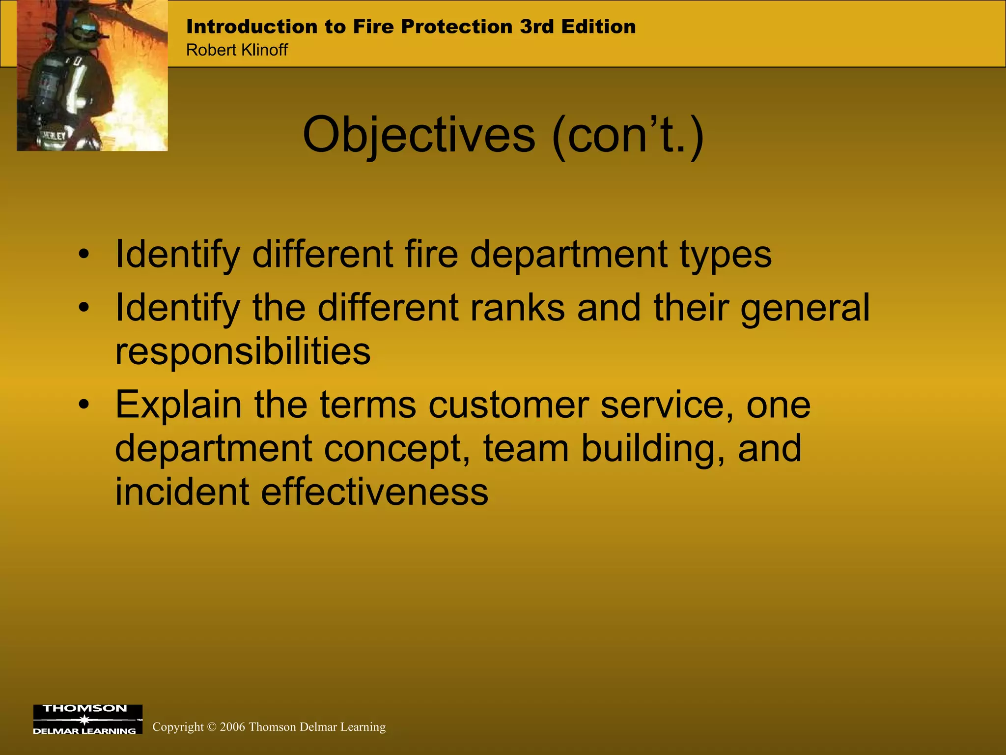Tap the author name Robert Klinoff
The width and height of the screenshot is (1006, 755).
237,50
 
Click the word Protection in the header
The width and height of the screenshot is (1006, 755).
456,27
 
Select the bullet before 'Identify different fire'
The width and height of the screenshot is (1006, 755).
84,255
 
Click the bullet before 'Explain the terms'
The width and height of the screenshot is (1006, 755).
84,405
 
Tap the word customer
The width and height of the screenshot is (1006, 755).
508,405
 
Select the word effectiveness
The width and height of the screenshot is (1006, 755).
374,492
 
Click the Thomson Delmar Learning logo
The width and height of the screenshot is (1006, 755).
87,720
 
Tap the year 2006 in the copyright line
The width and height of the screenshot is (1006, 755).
232,727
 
